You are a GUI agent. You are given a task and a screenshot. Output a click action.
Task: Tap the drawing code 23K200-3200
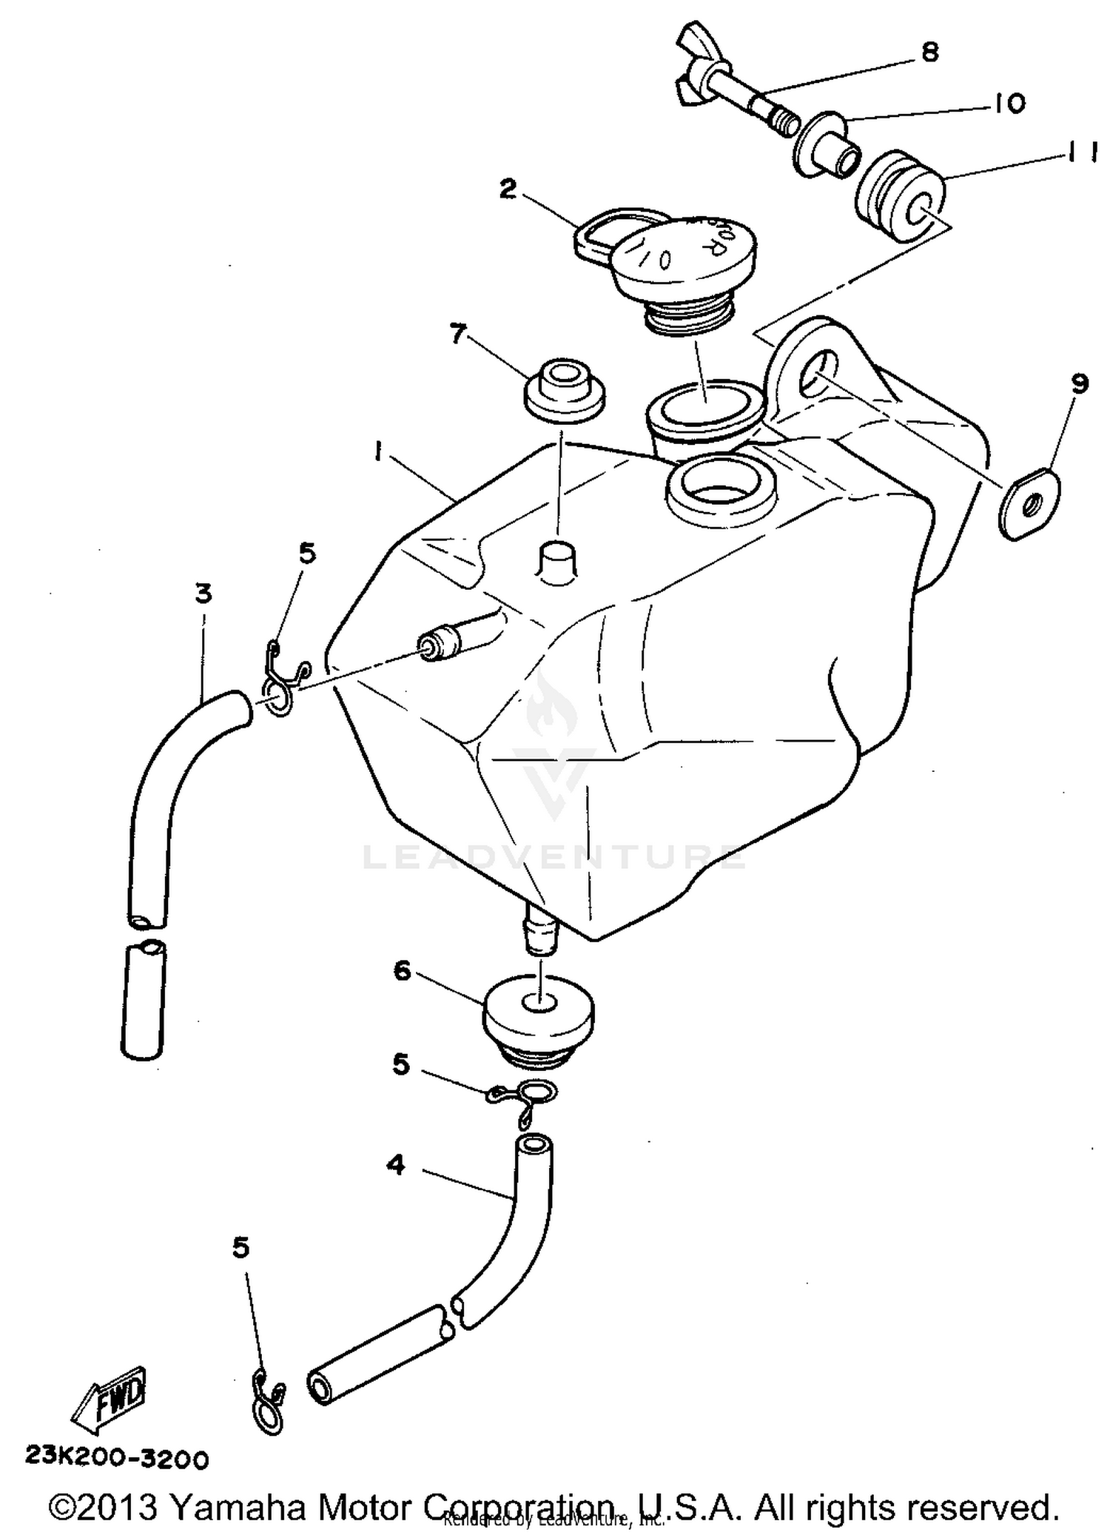117,1458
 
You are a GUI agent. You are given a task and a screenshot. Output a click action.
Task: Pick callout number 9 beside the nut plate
1079,383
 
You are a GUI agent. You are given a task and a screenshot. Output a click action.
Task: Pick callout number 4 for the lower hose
397,1166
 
